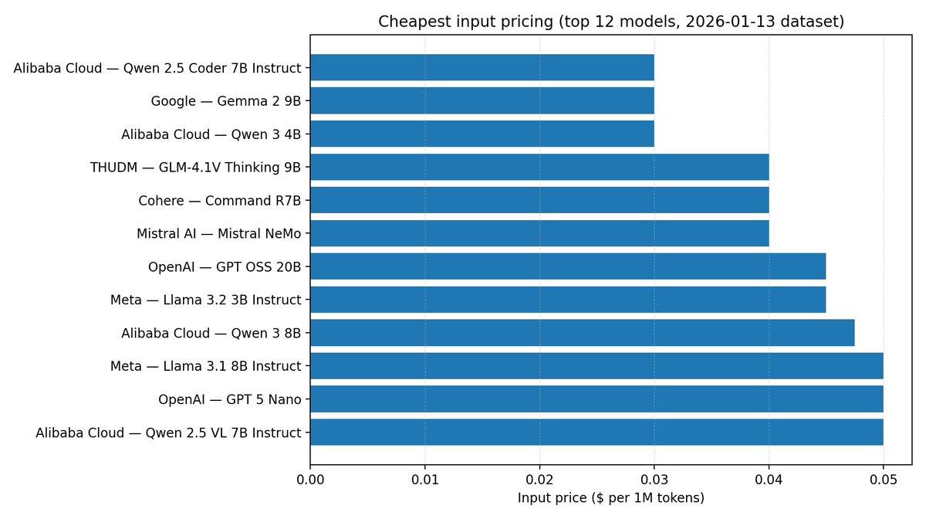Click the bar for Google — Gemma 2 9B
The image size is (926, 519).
coord(482,100)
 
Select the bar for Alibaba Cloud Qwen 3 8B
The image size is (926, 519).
coord(582,333)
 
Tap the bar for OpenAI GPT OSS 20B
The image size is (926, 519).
coord(568,266)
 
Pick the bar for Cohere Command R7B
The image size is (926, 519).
coord(539,200)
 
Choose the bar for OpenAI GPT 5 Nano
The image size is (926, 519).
coord(596,399)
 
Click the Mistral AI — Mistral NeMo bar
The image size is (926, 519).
coord(539,233)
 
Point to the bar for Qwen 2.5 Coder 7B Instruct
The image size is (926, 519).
coord(482,67)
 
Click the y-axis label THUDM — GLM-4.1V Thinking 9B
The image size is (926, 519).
coord(195,167)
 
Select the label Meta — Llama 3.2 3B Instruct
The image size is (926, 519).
coord(205,300)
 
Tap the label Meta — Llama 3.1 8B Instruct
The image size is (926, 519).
coord(205,366)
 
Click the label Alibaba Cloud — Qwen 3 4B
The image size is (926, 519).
coord(211,134)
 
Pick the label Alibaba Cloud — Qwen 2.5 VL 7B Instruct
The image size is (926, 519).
coord(168,432)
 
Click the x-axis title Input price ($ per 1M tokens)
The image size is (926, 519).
coord(611,498)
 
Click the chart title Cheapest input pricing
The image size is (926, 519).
coord(611,22)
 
